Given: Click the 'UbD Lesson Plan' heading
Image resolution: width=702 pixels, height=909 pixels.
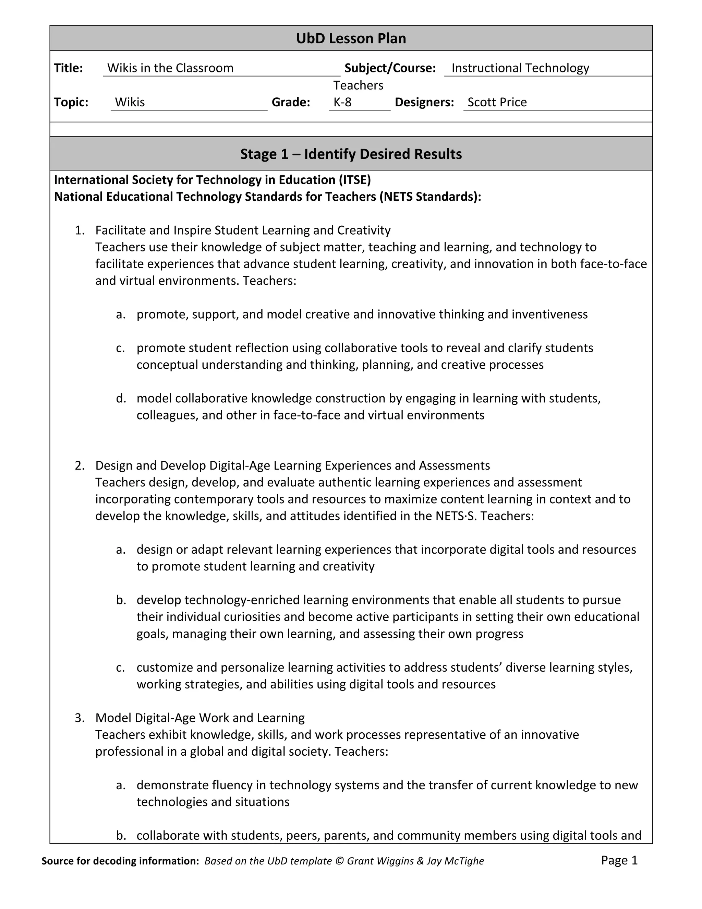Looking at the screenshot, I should coord(351,38).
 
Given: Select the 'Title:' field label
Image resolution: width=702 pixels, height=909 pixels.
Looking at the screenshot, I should coord(68,68).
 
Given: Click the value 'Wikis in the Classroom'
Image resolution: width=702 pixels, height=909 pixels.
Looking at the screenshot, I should coord(170,68).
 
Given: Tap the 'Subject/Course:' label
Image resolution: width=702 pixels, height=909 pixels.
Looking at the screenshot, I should coord(390,68).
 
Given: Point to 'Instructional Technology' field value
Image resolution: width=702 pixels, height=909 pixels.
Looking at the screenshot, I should coord(520,68).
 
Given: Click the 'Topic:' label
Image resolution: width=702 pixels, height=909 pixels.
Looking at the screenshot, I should coord(71,102).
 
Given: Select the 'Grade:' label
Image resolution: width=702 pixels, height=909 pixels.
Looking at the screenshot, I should coord(291,102).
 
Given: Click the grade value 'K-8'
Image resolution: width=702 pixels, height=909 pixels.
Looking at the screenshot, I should coord(342,102).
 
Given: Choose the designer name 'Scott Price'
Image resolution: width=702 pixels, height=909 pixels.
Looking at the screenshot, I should coord(497,102).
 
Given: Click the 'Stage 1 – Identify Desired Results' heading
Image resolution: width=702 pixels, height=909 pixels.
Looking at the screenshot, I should coord(351,154).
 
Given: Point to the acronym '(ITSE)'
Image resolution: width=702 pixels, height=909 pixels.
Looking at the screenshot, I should coord(354,180).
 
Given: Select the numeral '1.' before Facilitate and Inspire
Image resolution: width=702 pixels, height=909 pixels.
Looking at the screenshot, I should coord(80,230).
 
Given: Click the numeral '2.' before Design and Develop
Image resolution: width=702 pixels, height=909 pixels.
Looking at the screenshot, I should coord(80,465).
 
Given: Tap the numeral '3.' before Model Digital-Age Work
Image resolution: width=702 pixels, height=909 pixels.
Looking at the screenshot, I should coord(80,718).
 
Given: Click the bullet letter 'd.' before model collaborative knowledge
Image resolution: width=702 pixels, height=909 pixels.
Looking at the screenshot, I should coord(121,398).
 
